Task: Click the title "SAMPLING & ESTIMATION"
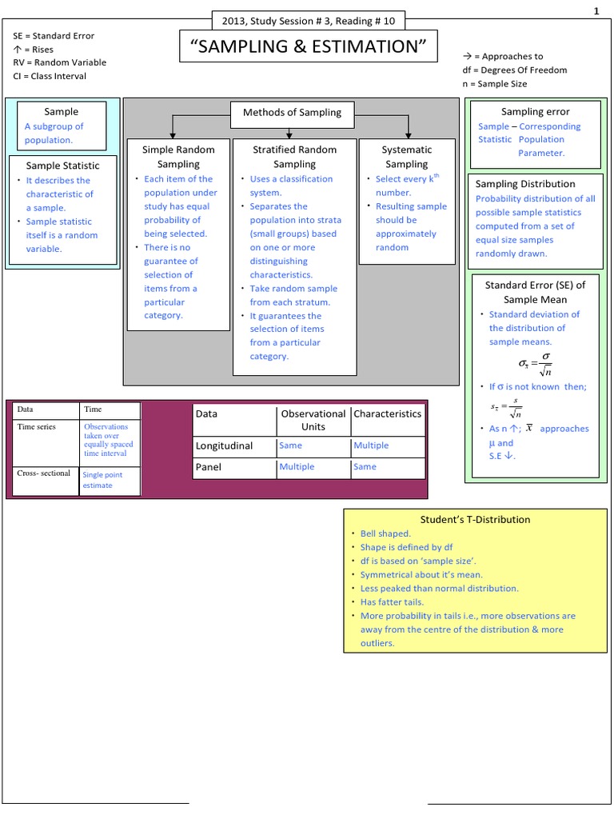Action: click(x=309, y=47)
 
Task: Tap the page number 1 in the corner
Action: click(x=596, y=10)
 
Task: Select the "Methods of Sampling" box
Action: click(x=292, y=112)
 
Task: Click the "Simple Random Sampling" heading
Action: click(x=178, y=157)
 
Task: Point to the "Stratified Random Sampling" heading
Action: click(x=295, y=157)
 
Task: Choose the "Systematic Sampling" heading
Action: click(x=407, y=157)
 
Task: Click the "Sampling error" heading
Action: click(x=535, y=112)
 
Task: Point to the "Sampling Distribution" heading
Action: click(x=525, y=184)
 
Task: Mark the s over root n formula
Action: click(x=506, y=408)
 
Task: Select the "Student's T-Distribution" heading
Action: click(x=475, y=519)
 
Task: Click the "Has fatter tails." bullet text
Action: click(x=392, y=601)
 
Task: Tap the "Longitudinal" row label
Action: click(x=224, y=445)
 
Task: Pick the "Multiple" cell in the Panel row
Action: click(x=297, y=466)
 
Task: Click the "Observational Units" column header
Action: click(x=313, y=420)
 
